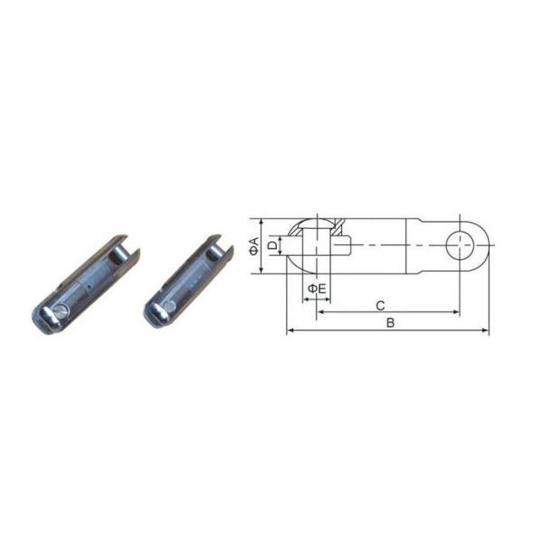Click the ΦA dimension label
pos(255,246)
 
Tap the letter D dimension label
pos(273,245)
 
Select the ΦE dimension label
pos(317,288)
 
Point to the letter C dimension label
pos(380,306)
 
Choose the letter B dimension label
pos(390,323)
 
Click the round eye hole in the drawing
pos(460,245)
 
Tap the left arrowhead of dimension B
pos(291,330)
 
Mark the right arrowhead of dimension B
pos(485,330)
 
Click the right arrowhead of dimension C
pos(456,312)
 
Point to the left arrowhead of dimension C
pos(320,312)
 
